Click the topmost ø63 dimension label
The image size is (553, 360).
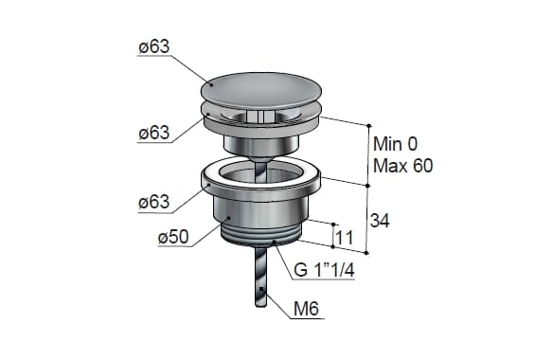154,47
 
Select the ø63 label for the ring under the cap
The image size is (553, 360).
154,133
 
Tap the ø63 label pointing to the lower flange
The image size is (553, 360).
154,202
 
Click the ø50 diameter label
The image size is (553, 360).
173,237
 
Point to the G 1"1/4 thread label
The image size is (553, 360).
324,270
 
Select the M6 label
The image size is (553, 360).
306,309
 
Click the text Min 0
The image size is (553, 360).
396,144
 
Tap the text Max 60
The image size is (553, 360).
402,166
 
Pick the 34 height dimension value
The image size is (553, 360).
380,221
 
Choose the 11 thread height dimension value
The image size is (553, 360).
344,238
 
